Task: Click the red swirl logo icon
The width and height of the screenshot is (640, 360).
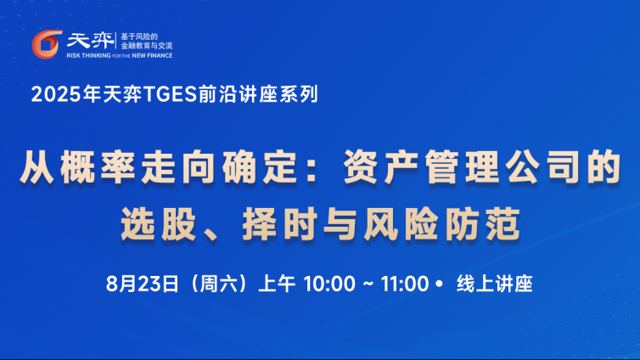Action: click(x=47, y=44)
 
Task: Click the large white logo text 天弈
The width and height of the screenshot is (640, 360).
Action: click(x=90, y=41)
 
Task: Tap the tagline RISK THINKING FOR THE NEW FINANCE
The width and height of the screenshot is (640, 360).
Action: click(x=120, y=55)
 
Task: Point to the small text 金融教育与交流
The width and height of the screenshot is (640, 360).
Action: click(x=147, y=46)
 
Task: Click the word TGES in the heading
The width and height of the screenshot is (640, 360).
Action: click(x=171, y=94)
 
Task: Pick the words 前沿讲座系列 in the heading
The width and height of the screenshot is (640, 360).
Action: click(x=258, y=94)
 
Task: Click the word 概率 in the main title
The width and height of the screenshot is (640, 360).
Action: click(x=98, y=167)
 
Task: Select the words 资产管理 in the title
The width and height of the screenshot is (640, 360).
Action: click(x=420, y=167)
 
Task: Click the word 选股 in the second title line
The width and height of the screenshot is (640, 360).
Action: click(x=159, y=224)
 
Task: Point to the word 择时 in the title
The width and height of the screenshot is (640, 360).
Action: click(x=280, y=224)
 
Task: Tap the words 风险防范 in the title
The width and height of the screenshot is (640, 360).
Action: click(x=442, y=224)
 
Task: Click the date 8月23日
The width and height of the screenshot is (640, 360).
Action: click(x=142, y=284)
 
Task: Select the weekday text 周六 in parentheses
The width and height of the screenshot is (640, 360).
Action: click(x=219, y=284)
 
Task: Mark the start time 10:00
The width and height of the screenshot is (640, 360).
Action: click(x=329, y=284)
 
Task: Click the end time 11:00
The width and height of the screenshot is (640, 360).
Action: click(x=405, y=284)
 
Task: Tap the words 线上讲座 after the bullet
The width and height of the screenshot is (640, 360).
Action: click(x=495, y=284)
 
